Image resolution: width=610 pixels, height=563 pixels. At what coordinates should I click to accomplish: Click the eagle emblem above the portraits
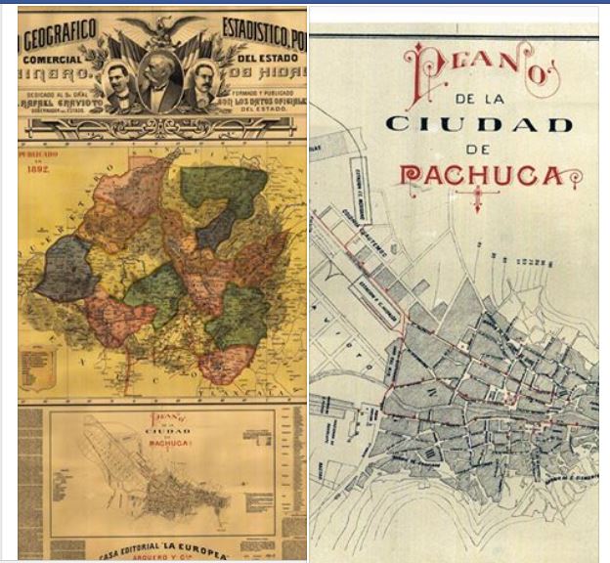pos(160,29)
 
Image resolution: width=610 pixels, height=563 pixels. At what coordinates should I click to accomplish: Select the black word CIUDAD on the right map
pos(478,125)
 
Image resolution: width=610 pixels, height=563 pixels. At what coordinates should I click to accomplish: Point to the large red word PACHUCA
pos(481,176)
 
